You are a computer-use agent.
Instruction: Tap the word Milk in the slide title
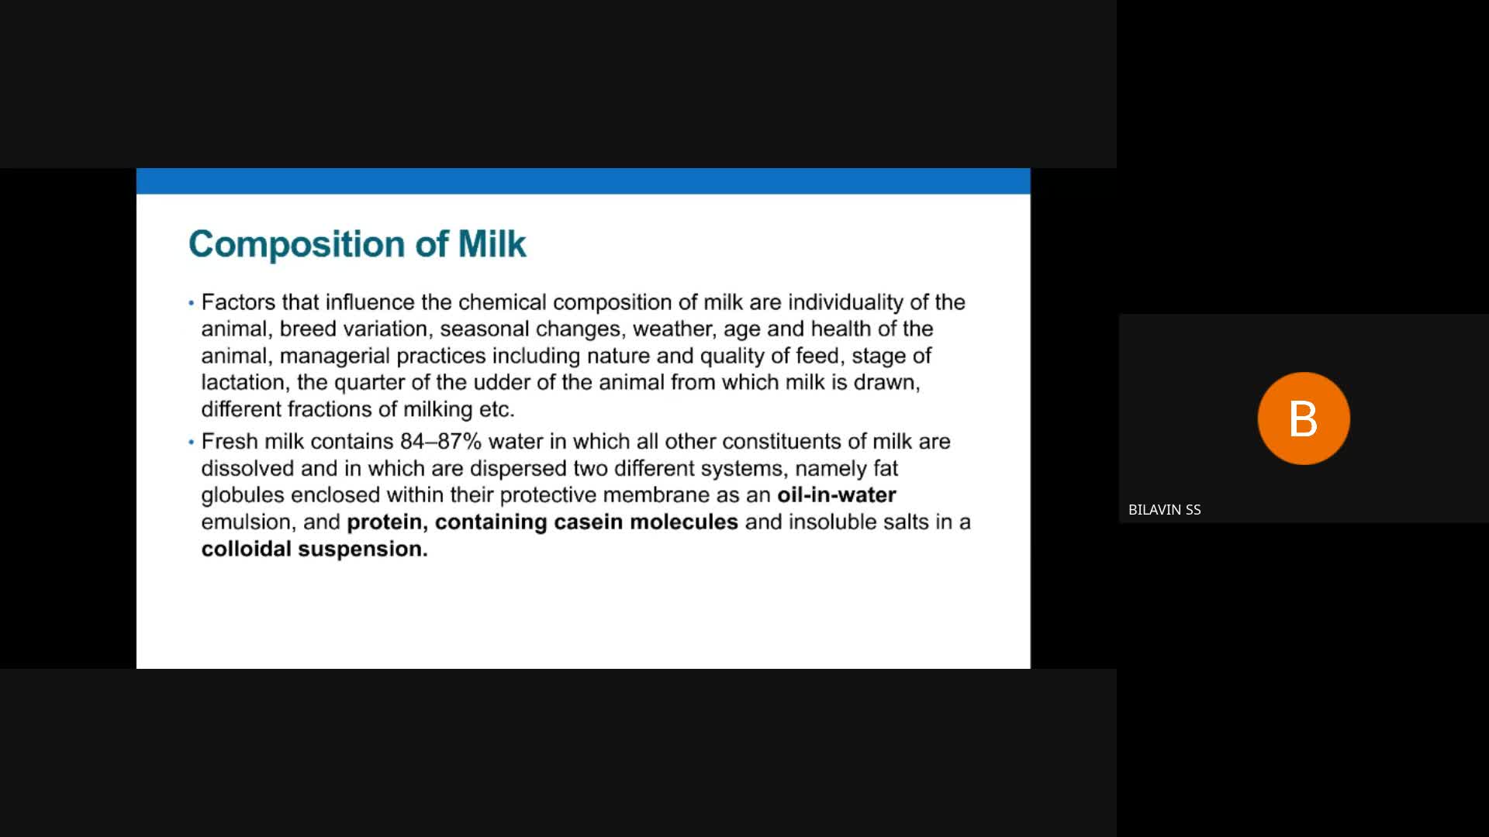click(x=492, y=243)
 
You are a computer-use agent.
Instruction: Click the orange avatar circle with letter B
click(x=1304, y=418)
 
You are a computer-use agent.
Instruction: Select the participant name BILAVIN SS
click(x=1164, y=509)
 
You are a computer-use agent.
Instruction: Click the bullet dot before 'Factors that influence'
click(x=191, y=303)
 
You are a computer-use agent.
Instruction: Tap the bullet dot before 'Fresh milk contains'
click(x=191, y=443)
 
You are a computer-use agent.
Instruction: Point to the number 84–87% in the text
click(x=440, y=441)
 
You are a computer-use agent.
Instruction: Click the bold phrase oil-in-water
click(x=837, y=494)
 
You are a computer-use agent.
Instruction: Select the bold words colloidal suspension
click(x=314, y=549)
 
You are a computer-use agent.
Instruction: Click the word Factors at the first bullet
click(x=238, y=301)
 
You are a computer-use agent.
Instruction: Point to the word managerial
click(x=334, y=356)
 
